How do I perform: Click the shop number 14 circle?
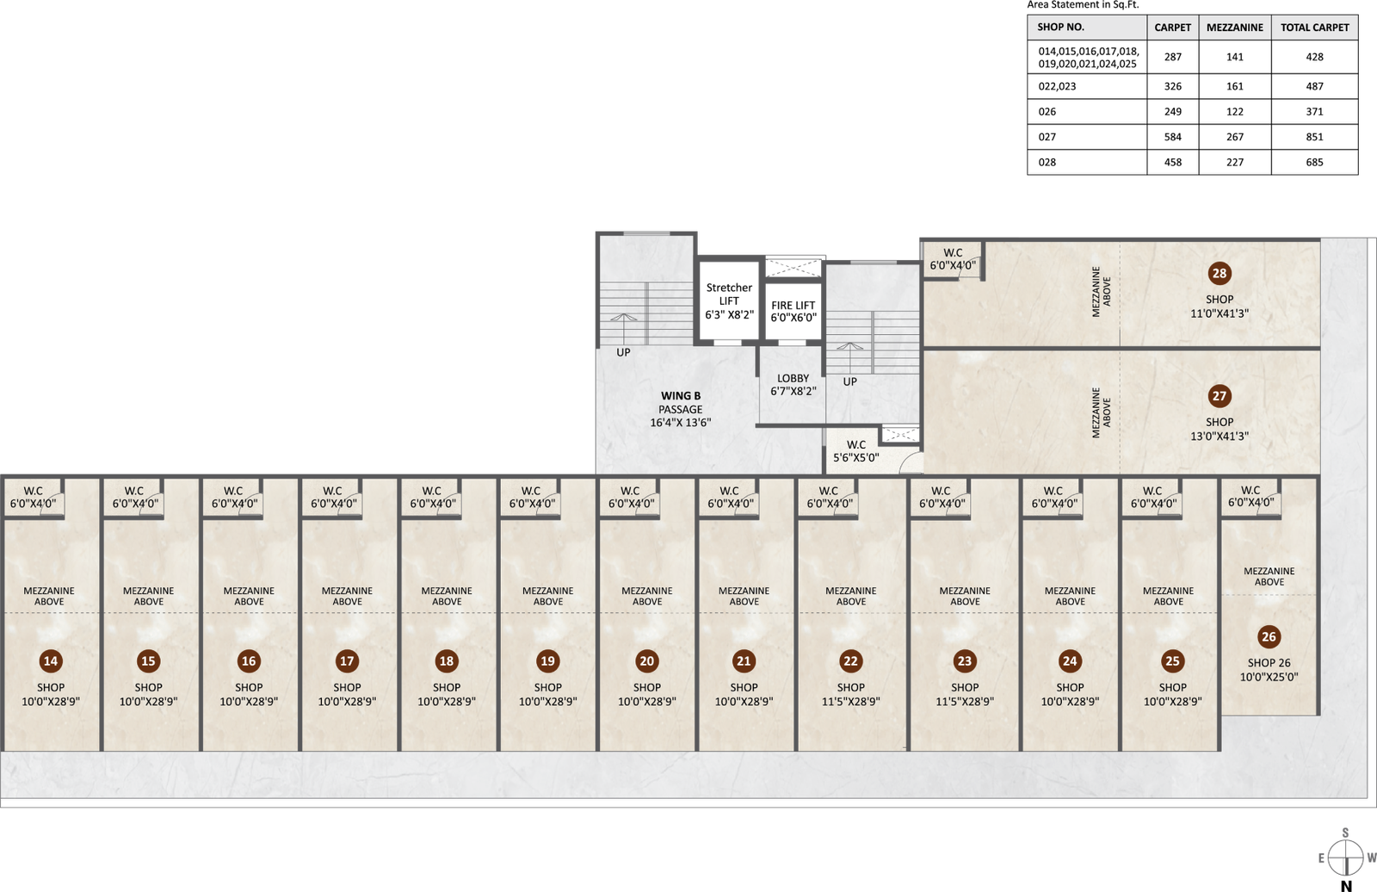[51, 661]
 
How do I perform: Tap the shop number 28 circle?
[1219, 273]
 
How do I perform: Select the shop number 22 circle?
[850, 661]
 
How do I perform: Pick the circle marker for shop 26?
[1269, 636]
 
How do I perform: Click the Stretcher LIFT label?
[729, 294]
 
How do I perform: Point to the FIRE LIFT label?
[793, 305]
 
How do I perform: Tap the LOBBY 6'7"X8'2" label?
[793, 385]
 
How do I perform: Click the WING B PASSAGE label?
[681, 402]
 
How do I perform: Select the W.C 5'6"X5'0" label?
[855, 451]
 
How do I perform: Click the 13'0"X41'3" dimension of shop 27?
[1219, 437]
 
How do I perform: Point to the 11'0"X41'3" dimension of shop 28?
[1219, 313]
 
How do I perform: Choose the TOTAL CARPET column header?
[1314, 28]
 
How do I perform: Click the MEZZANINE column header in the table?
[1234, 28]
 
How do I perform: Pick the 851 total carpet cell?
[1314, 137]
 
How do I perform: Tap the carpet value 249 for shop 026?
[1172, 111]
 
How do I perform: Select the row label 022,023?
[1058, 86]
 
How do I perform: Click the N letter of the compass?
[1346, 886]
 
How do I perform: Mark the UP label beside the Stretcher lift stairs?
[623, 352]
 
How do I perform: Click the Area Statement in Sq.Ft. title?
[1084, 5]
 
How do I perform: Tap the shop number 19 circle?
[547, 661]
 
